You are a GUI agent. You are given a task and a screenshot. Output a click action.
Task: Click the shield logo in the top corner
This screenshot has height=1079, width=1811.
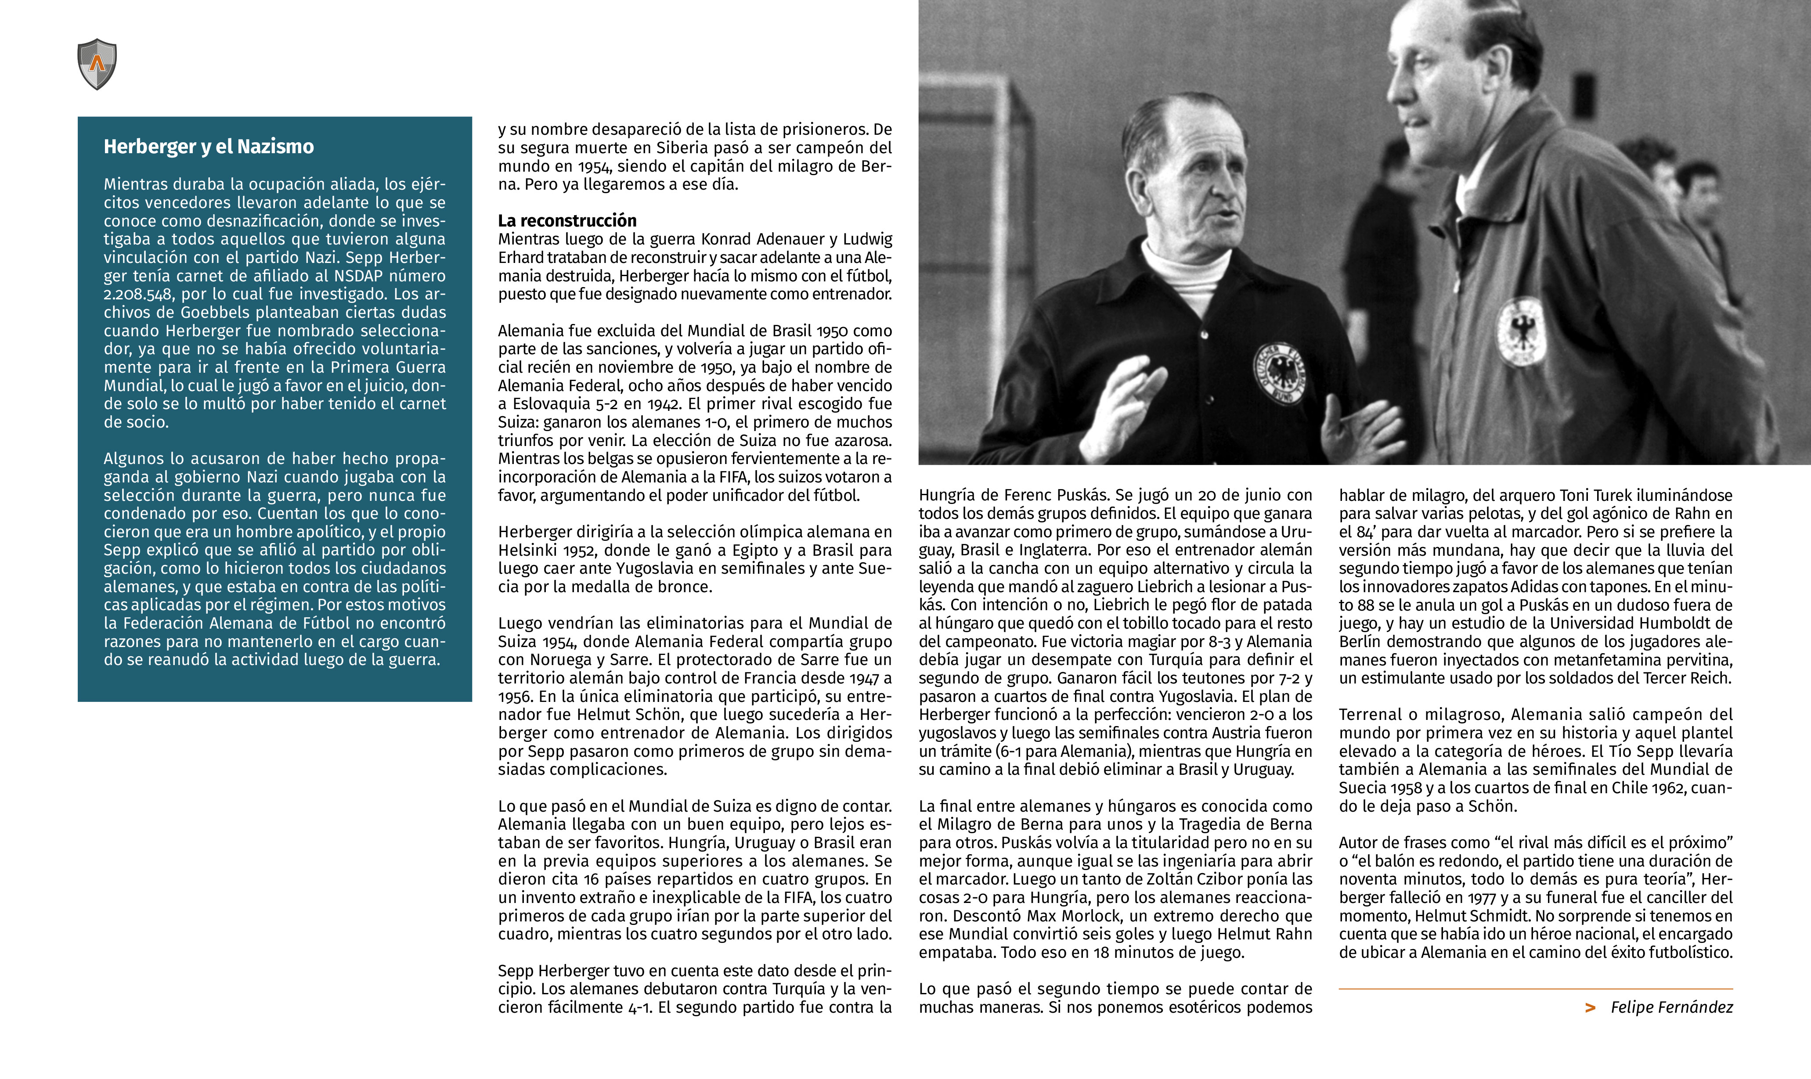pyautogui.click(x=97, y=64)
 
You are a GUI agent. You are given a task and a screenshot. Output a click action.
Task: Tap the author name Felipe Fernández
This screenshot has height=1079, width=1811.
pyautogui.click(x=1671, y=1007)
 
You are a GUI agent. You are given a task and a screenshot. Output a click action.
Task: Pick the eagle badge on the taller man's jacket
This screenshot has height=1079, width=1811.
pyautogui.click(x=1521, y=331)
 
